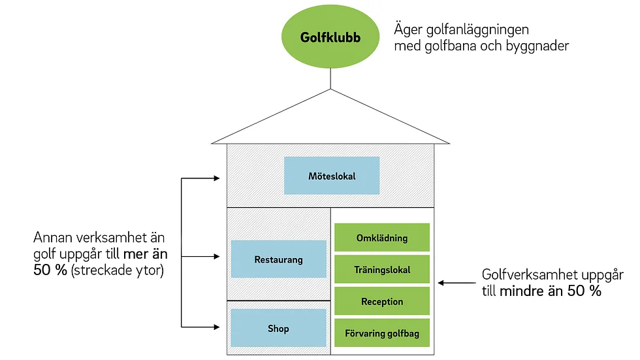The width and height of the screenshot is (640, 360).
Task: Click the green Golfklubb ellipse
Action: (330, 37)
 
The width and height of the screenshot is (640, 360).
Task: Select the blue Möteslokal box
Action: (332, 176)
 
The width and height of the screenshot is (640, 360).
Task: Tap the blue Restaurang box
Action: (279, 259)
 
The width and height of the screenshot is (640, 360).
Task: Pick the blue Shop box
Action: (279, 328)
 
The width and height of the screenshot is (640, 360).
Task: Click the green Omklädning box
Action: (382, 238)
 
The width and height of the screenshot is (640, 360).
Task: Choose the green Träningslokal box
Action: (382, 269)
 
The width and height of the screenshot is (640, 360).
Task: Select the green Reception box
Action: (382, 301)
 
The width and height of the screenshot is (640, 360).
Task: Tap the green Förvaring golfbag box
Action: (382, 333)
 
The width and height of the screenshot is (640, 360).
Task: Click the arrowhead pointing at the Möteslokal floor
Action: (217, 178)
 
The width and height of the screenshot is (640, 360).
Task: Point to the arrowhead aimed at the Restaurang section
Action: (217, 256)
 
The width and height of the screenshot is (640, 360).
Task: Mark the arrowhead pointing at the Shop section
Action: (217, 327)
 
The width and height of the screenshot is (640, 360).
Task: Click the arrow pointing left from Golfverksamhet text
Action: (456, 282)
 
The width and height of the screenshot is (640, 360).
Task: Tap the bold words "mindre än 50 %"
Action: (550, 291)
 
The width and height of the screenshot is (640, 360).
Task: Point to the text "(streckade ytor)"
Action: (118, 270)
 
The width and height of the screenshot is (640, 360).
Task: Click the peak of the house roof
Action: (330, 89)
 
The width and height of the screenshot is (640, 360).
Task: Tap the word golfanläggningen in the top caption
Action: (477, 30)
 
